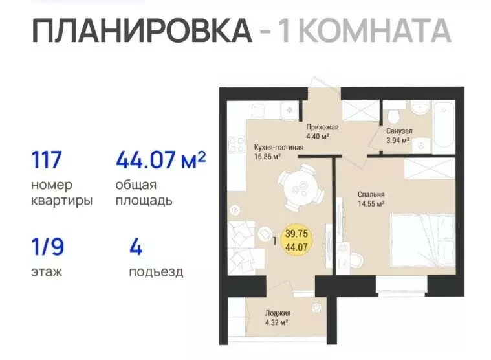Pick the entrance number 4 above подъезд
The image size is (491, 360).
point(135,247)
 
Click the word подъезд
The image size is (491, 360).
point(155,271)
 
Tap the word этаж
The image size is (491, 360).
point(47,271)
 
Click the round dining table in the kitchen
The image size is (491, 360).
point(300,188)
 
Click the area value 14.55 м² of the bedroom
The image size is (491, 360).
point(371,203)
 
